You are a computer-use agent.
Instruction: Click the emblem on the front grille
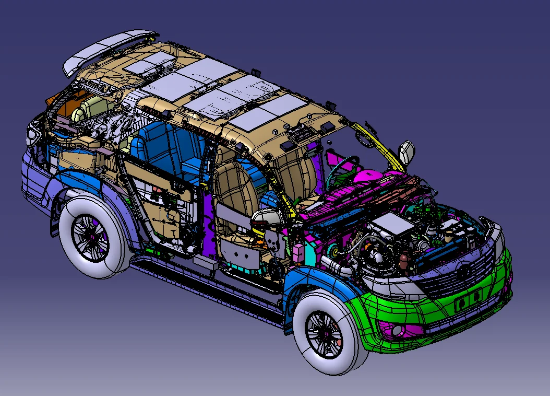pos(463,271)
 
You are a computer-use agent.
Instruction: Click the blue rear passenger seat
pos(151,149)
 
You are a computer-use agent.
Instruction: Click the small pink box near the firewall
pos(298,252)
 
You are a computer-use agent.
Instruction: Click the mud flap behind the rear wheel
pos(54,222)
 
